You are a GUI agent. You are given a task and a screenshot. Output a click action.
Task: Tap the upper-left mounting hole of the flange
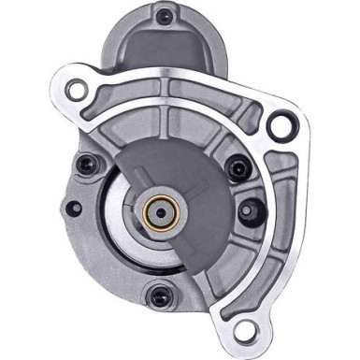(x=77, y=91)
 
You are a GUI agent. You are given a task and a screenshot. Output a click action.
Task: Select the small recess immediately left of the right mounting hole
(x=251, y=122)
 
